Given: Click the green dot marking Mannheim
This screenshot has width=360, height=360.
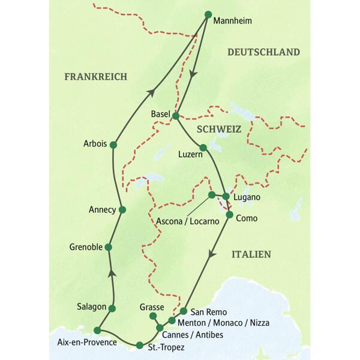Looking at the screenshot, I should pos(208,14).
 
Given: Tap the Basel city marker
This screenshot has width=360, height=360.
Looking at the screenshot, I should pos(176,115).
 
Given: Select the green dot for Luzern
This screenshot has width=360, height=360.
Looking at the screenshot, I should pos(203,148).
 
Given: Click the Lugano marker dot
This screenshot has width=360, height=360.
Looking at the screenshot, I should pos(226,196).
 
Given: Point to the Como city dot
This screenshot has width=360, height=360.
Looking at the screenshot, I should pos(229,214).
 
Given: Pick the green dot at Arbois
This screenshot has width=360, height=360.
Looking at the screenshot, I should pos(113,145).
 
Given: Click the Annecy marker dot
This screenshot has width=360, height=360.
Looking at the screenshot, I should pos(122,209).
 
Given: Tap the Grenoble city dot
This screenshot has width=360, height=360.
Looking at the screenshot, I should pos(109,247).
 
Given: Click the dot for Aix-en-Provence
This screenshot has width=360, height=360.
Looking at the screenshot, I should pos(97,329).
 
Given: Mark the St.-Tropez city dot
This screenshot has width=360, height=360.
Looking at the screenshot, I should pos(139,345).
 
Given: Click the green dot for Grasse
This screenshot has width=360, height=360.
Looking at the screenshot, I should pos(153,316).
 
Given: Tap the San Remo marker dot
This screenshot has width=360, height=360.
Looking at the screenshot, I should pos(184,311).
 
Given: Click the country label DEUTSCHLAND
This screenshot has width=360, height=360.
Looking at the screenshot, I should pos(263,53).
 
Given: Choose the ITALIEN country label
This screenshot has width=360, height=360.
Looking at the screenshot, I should pos(251,254).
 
